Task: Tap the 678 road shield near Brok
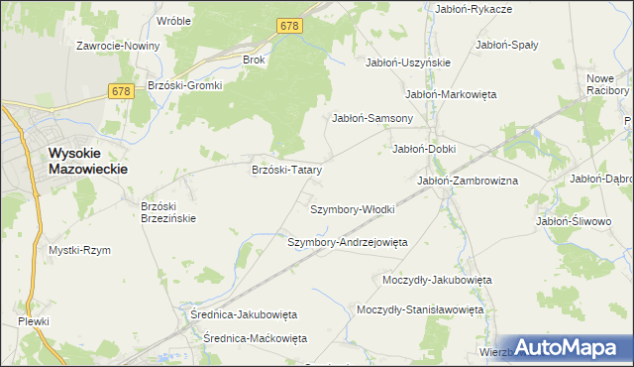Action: point(289,26)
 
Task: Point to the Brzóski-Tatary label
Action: point(287,170)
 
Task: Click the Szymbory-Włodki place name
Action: point(353,210)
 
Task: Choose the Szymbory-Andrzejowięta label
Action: point(348,242)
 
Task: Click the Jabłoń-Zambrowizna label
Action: point(468,181)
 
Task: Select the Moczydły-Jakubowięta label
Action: point(437,280)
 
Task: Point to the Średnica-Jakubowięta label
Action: point(244,313)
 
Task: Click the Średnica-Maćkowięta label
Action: point(255,338)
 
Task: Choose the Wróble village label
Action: point(174,20)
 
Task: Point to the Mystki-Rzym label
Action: point(79,250)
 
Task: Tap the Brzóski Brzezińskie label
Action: point(168,212)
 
